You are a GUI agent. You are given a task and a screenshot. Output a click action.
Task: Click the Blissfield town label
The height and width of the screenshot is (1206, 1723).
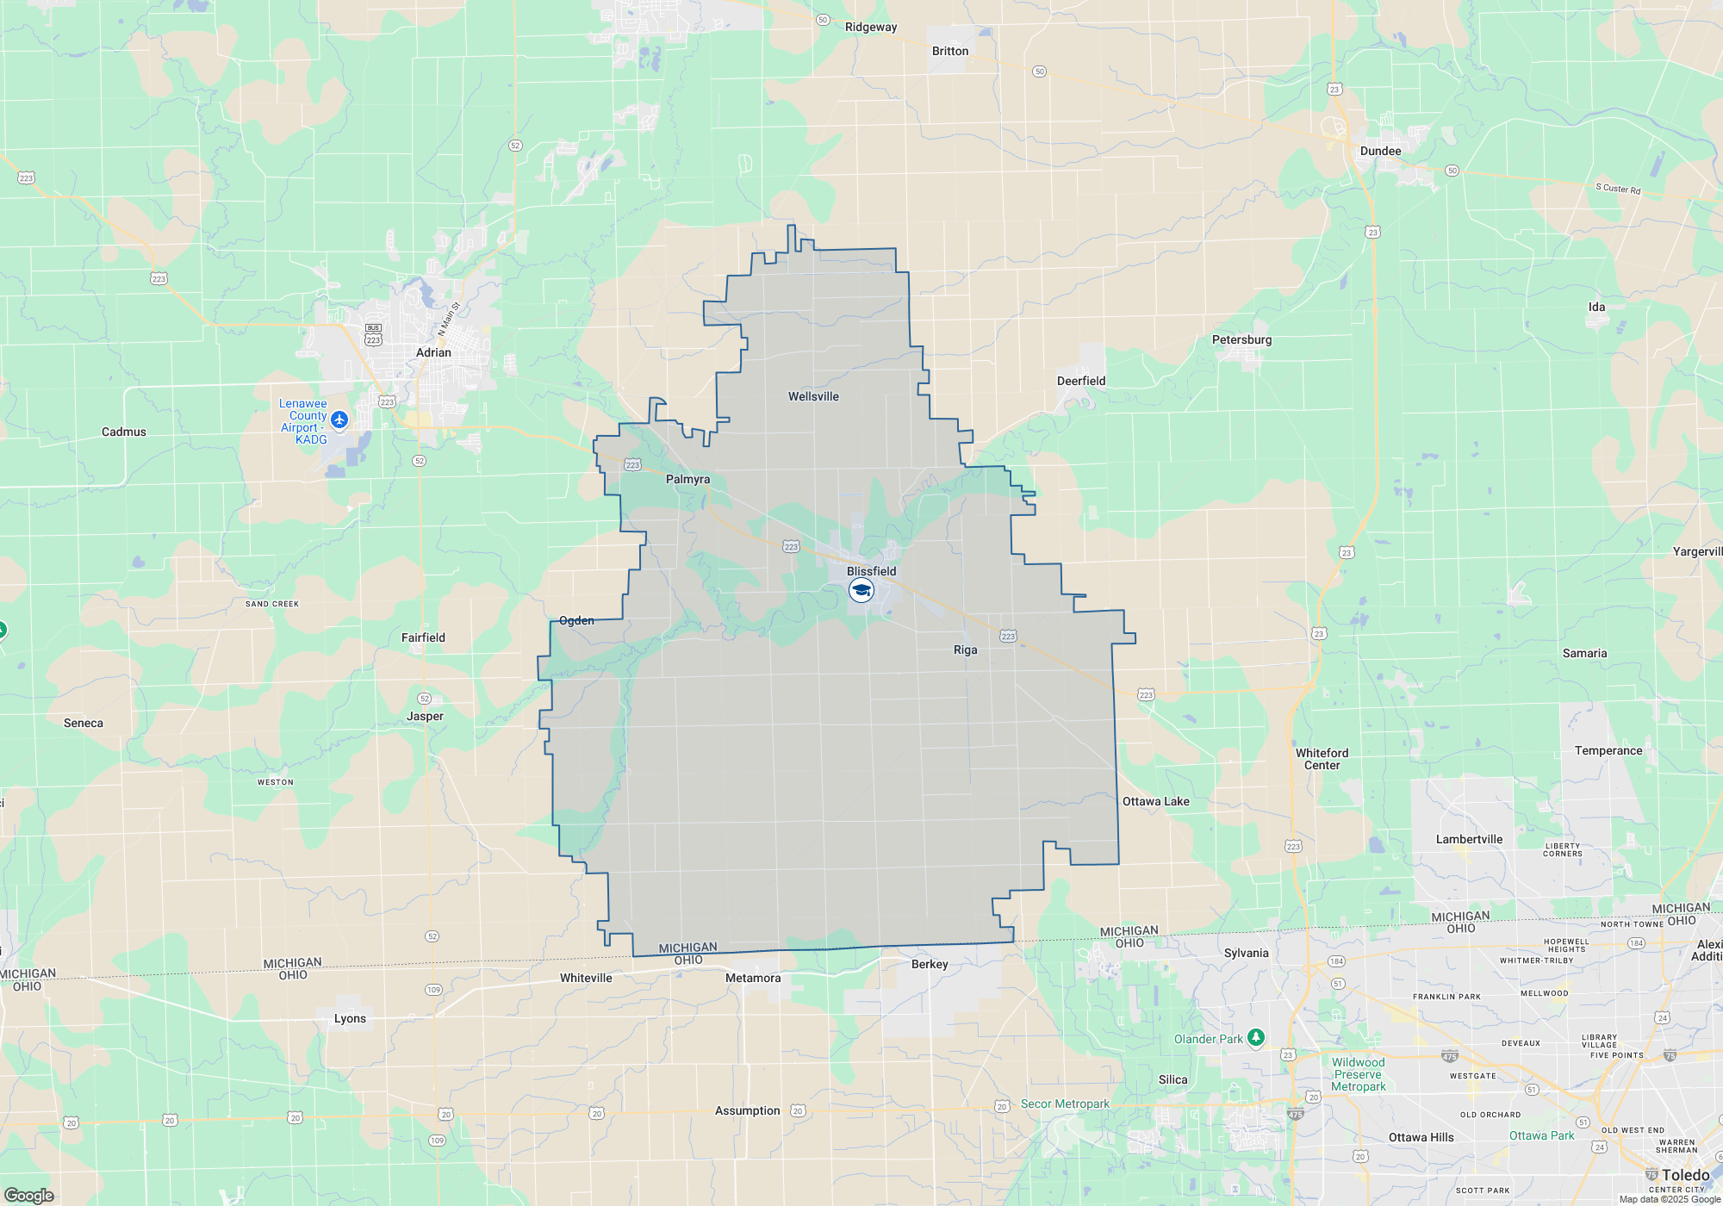point(871,571)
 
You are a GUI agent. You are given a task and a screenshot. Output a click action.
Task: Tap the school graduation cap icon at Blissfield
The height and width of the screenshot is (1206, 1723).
point(861,590)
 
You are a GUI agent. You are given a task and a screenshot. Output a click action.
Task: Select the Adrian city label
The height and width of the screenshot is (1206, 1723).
point(433,352)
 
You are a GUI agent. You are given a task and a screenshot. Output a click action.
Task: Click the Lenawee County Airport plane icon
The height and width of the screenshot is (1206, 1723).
point(339,420)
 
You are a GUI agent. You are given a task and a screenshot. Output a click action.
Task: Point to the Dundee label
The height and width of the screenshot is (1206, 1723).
point(1380,151)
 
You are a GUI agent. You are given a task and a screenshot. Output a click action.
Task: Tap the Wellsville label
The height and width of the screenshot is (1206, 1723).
point(813,396)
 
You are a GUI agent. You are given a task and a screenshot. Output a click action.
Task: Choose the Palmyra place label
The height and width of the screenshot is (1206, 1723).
point(687,479)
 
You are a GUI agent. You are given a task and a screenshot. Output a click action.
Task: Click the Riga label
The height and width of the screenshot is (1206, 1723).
point(965,650)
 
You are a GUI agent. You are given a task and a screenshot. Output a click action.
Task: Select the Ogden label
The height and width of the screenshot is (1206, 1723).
point(576,620)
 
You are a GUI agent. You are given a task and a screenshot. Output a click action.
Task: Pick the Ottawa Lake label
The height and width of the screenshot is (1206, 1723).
point(1155,801)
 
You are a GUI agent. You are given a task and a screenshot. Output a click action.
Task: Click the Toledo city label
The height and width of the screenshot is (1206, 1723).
point(1685,1175)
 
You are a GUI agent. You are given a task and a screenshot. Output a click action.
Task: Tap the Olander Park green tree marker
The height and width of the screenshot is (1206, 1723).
point(1256,1037)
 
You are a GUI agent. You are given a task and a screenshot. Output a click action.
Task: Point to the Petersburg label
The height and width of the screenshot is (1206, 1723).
point(1241,339)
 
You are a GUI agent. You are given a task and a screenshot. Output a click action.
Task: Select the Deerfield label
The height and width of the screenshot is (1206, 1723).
point(1081,381)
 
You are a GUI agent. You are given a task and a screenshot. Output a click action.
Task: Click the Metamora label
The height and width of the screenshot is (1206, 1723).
point(753,978)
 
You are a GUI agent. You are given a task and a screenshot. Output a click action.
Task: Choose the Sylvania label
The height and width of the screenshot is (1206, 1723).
point(1246,953)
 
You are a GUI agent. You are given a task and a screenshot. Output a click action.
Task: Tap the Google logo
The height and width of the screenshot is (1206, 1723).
point(29,1195)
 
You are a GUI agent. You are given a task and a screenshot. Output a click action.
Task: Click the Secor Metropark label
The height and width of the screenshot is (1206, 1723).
point(1065,1103)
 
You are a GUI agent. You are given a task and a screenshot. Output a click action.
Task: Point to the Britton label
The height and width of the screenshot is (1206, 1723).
point(950,51)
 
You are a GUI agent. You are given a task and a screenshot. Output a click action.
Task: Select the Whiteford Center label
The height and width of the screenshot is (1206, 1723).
point(1322,759)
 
